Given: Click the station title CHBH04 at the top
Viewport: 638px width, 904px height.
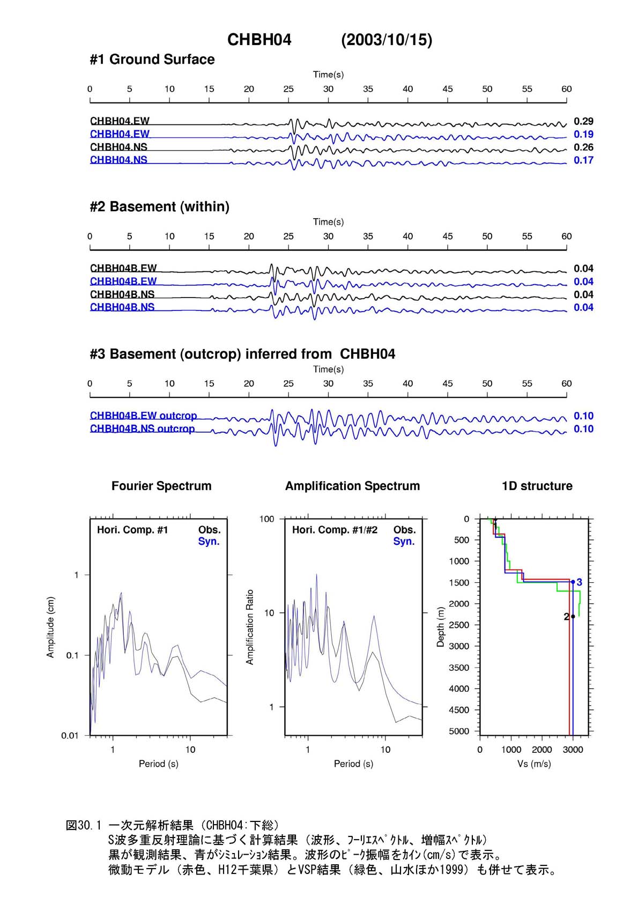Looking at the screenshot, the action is coord(259,40).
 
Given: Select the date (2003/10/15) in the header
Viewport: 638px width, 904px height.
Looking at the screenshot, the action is coord(386,40).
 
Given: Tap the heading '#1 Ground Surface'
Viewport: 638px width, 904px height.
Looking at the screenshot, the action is coord(152,60).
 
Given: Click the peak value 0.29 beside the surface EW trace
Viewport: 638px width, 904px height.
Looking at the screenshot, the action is coord(583,121).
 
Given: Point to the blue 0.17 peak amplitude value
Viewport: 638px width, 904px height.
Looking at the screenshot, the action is coord(583,160).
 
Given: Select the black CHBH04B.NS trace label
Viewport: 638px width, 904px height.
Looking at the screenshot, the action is coord(122,294).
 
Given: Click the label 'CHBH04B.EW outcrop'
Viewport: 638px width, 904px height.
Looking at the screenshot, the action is coord(143,416).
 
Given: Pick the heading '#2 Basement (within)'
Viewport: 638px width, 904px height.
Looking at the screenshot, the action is coord(159,206).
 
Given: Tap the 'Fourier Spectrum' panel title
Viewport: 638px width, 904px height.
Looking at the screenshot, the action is coord(161,486).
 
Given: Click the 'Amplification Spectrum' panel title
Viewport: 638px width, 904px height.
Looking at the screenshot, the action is coord(352,486).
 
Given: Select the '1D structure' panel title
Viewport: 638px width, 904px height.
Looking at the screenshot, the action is coord(537,486).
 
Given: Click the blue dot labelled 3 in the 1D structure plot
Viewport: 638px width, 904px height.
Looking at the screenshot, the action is coord(573,582).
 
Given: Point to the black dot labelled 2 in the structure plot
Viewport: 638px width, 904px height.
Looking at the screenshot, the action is coord(573,616).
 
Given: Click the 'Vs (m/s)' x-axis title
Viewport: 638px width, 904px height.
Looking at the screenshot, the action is coord(534,764).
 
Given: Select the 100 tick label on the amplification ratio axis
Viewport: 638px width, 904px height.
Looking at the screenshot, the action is coord(266,519).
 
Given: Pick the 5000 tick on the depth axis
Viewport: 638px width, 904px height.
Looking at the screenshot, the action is coord(459,731).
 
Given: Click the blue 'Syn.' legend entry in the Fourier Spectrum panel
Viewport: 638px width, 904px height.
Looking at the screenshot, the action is coord(209,541).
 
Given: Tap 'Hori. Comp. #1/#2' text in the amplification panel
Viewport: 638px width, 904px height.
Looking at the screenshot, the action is coord(335,530).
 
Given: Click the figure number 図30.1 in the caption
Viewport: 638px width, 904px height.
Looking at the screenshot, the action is coord(84,825).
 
